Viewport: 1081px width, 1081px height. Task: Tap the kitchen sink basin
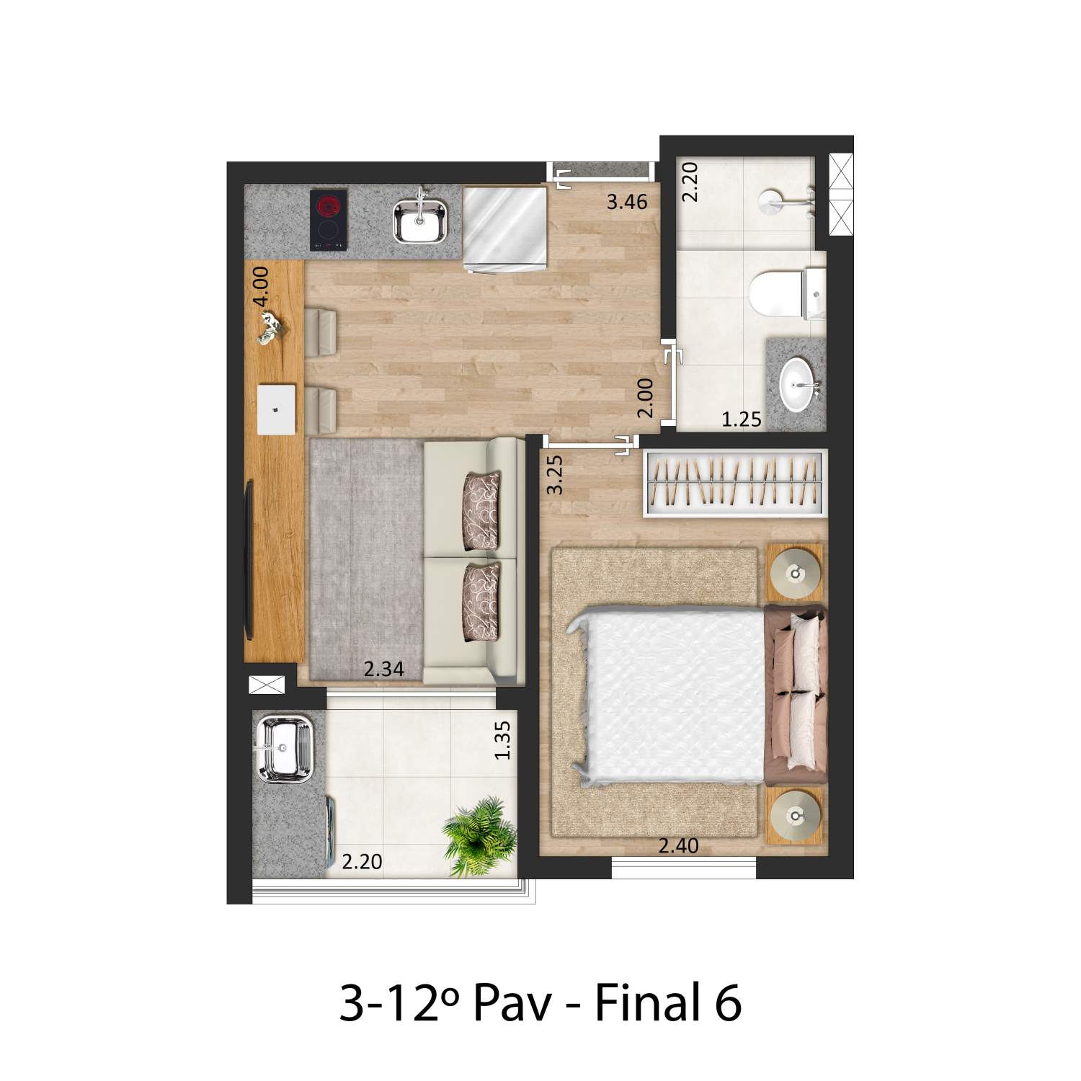420,221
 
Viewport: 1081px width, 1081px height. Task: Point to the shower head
774,203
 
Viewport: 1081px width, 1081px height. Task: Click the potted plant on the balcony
479,837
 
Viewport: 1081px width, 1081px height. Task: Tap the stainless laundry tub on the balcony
283,749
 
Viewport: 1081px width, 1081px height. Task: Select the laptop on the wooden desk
277,409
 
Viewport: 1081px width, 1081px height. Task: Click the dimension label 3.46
627,202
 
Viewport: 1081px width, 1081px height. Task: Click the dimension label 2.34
383,669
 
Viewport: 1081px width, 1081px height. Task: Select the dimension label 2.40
679,845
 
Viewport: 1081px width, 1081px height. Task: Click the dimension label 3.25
554,474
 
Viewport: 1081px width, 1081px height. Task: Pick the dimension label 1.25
742,419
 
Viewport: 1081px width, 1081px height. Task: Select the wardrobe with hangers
734,482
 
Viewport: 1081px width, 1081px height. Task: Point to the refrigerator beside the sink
505,229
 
